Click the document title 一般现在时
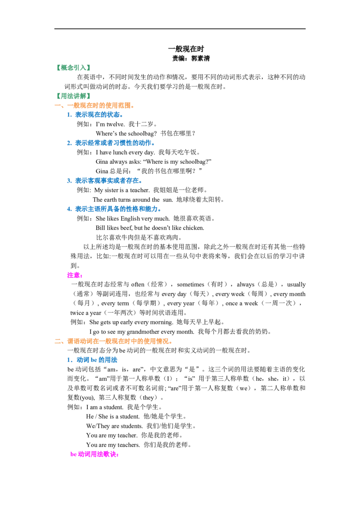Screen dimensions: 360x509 pyautogui.click(x=186, y=49)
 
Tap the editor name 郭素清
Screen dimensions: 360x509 pyautogui.click(x=200, y=58)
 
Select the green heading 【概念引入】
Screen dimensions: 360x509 pyautogui.click(x=73, y=67)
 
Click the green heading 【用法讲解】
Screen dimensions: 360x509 pyautogui.click(x=73, y=96)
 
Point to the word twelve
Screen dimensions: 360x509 pyautogui.click(x=115, y=124)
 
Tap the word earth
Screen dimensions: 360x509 pyautogui.click(x=110, y=200)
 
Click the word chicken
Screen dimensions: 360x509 pyautogui.click(x=193, y=228)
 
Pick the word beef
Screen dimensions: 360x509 pyautogui.click(x=126, y=228)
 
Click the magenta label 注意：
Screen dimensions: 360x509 pyautogui.click(x=75, y=275)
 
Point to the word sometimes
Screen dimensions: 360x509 pyautogui.click(x=190, y=285)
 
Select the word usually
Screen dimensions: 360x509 pyautogui.click(x=296, y=285)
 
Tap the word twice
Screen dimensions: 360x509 pyautogui.click(x=77, y=313)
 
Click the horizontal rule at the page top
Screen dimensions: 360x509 pyautogui.click(x=180, y=29)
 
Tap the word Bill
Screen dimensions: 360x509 pyautogui.click(x=100, y=228)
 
